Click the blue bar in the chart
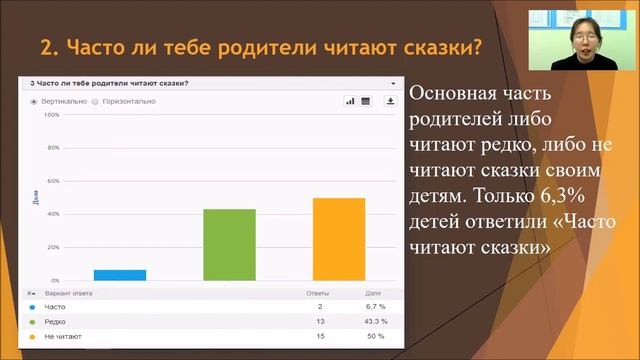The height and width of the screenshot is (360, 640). click(120, 274)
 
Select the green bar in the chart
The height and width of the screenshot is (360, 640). click(229, 245)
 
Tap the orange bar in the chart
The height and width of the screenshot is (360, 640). click(338, 240)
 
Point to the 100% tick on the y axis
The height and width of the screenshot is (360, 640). click(52, 115)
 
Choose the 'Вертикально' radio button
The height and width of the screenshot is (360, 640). click(34, 101)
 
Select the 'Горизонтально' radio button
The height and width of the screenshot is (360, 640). click(95, 101)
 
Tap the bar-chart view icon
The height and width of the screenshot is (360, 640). click(351, 101)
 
